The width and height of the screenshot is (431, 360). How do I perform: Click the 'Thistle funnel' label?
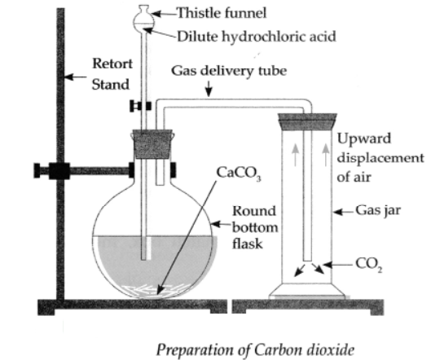[x=222, y=13]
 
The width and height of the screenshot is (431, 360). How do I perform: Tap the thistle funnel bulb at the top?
[x=143, y=20]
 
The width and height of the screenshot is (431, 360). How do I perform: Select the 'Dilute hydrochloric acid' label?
[x=256, y=37]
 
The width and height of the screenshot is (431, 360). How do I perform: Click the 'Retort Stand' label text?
[x=112, y=74]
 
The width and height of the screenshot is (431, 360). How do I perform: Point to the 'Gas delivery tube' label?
[x=229, y=71]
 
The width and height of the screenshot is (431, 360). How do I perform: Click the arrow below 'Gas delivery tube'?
[x=209, y=89]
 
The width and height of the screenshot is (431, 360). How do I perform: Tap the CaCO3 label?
[x=239, y=174]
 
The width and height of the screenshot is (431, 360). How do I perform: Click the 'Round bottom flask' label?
[x=255, y=227]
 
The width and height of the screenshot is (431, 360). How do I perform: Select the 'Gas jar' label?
[x=378, y=211]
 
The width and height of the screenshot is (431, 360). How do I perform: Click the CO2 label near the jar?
[x=368, y=265]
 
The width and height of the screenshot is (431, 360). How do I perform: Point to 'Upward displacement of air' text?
[x=380, y=158]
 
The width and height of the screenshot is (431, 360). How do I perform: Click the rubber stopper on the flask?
[x=152, y=144]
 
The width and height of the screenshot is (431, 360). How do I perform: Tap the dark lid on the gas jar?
[x=307, y=121]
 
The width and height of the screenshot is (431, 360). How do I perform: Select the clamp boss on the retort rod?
[x=59, y=171]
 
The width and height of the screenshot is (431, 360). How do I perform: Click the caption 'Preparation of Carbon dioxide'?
[x=255, y=350]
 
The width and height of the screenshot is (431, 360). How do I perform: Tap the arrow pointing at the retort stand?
[x=75, y=77]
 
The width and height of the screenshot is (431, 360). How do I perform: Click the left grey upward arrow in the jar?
[x=295, y=155]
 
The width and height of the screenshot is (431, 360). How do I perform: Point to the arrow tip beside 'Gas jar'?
[x=334, y=212]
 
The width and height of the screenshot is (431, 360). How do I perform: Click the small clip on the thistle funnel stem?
[x=140, y=106]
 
